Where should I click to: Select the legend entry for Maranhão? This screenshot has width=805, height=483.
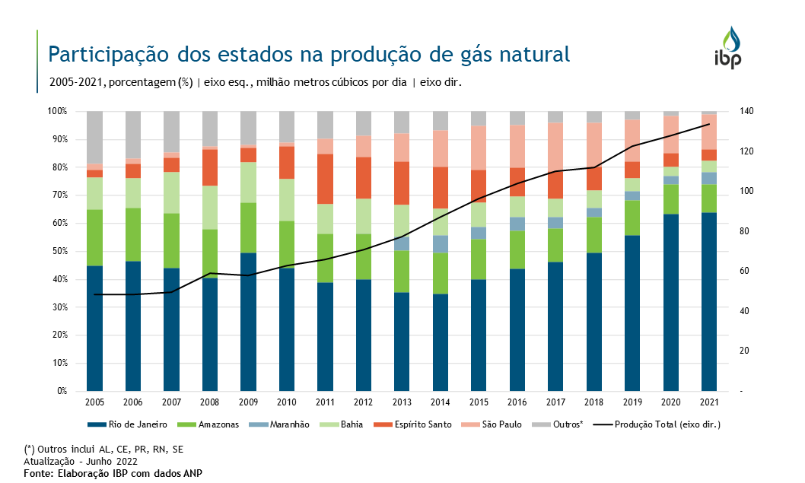tap(285, 424)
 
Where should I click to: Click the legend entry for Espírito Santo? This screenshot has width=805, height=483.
tap(418, 424)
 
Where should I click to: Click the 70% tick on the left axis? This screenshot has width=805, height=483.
tap(58, 195)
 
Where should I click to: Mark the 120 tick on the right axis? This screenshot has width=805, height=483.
tap(746, 151)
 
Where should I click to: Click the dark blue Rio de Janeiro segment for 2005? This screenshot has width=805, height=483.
tap(94, 328)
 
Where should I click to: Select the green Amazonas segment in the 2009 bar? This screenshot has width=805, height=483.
tap(248, 227)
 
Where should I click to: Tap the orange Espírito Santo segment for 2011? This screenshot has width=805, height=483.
tap(325, 179)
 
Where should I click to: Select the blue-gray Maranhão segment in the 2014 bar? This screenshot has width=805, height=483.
tap(441, 243)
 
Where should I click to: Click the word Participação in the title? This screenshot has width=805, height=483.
tap(106, 54)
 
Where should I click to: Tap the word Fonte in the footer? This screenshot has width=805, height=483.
tap(37, 473)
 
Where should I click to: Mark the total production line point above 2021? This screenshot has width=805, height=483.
tap(709, 124)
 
